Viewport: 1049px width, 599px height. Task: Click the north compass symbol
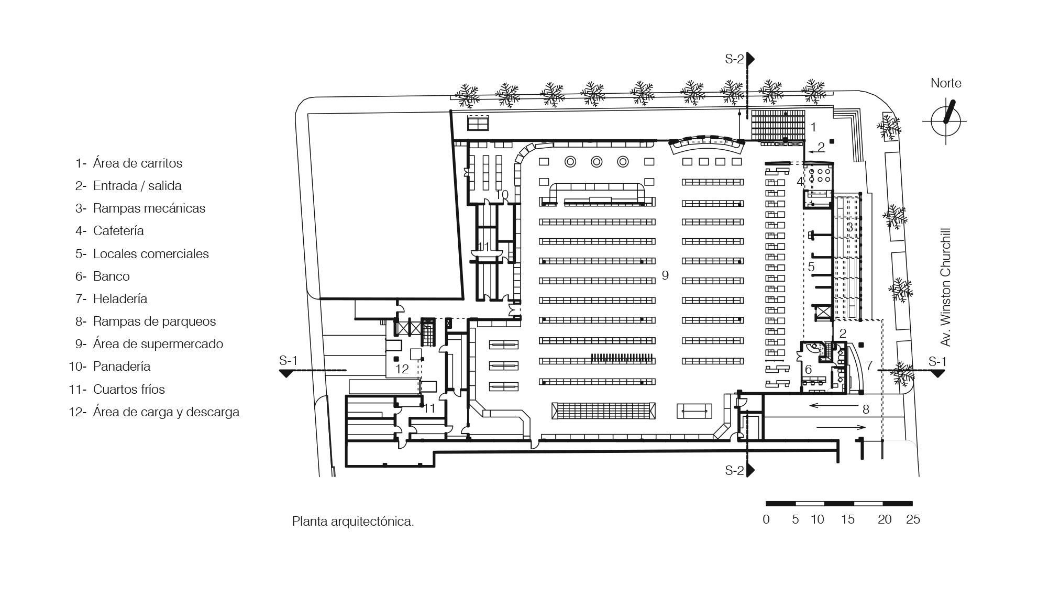tap(946, 121)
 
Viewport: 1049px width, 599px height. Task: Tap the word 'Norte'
tap(946, 83)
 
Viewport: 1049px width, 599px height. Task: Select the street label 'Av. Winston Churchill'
tap(945, 287)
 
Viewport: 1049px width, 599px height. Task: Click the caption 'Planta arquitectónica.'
tap(353, 522)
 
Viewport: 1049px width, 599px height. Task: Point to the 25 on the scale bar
tap(913, 519)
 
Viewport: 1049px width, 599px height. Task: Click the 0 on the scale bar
tap(766, 519)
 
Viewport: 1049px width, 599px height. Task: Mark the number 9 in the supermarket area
tap(665, 275)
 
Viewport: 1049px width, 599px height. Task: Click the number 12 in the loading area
tap(402, 369)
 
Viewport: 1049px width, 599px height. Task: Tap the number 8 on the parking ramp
tap(866, 409)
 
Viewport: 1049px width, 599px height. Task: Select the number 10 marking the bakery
tap(502, 195)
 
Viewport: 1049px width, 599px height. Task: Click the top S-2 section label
tap(734, 59)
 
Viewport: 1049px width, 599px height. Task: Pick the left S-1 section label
tap(288, 361)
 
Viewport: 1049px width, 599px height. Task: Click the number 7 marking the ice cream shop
tap(869, 365)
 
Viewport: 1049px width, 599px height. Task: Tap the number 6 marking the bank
tap(808, 370)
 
